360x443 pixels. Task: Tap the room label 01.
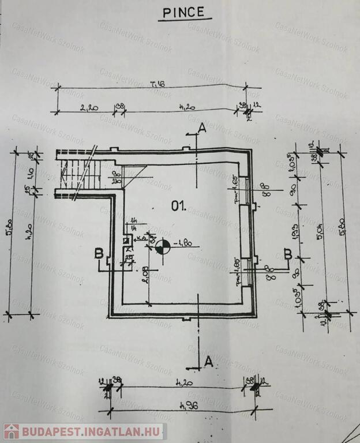(178, 205)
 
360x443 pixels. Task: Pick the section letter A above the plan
(201, 127)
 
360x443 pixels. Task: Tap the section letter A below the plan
(209, 361)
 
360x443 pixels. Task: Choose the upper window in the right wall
(245, 190)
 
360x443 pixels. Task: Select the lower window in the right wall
(245, 270)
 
